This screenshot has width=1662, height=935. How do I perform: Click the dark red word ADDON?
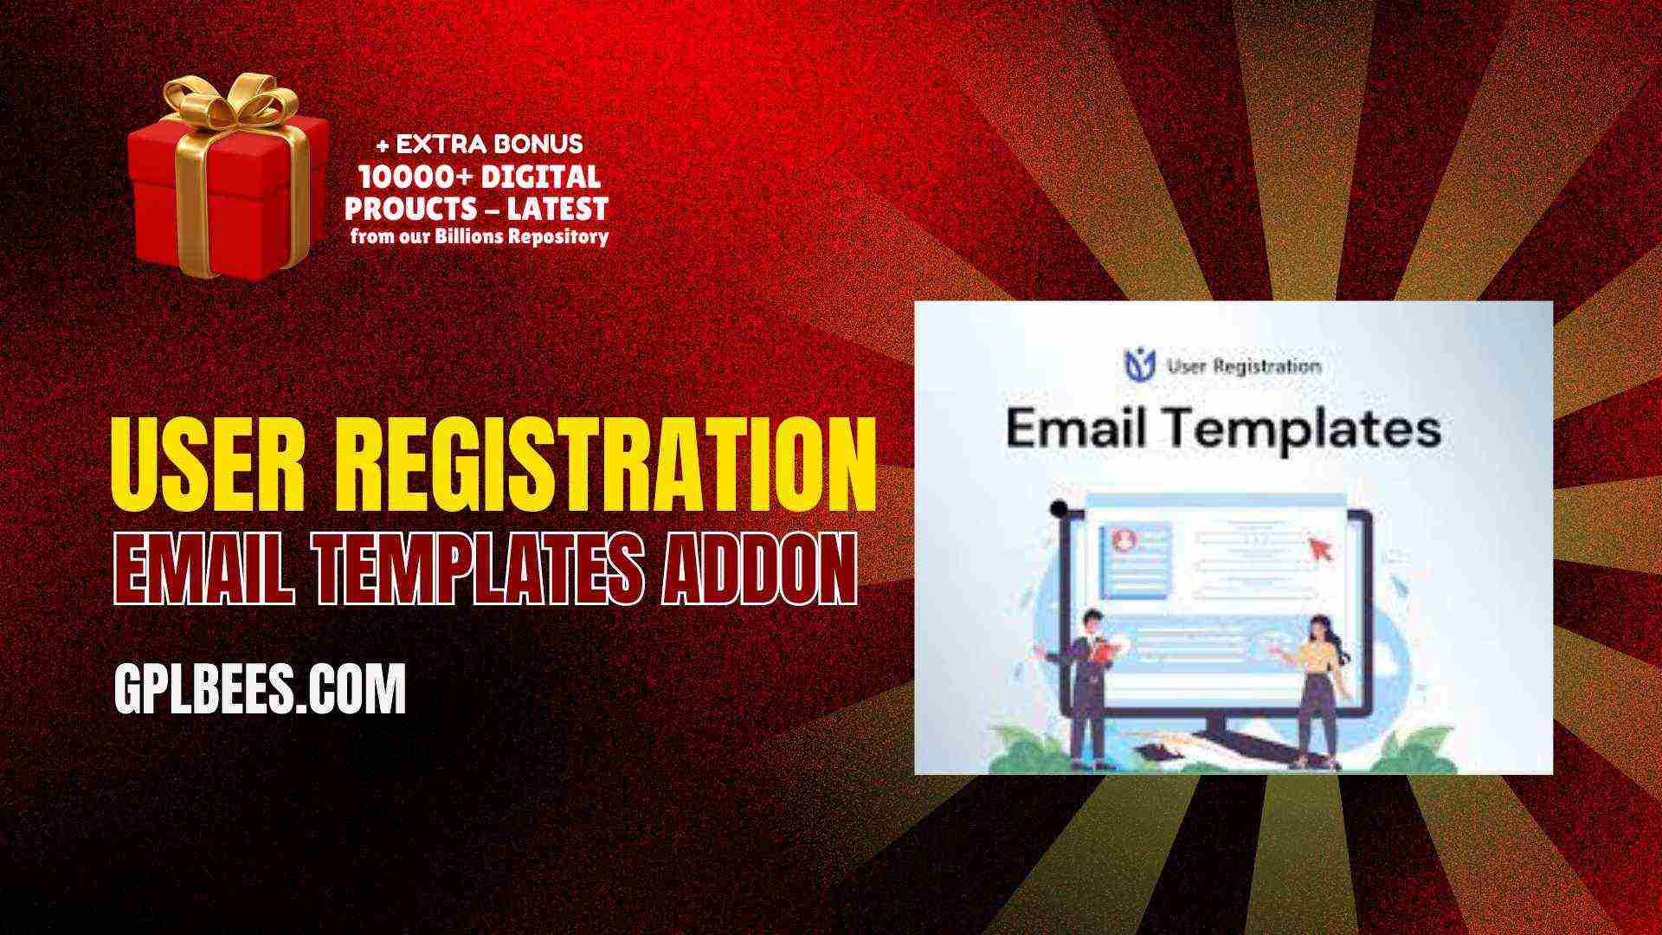(x=758, y=568)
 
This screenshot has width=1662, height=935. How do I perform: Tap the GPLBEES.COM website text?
(x=260, y=689)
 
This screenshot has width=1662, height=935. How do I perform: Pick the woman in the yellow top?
(x=1318, y=688)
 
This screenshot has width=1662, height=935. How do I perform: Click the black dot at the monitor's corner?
(x=1057, y=509)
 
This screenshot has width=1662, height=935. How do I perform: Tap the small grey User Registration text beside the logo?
(x=1244, y=365)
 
